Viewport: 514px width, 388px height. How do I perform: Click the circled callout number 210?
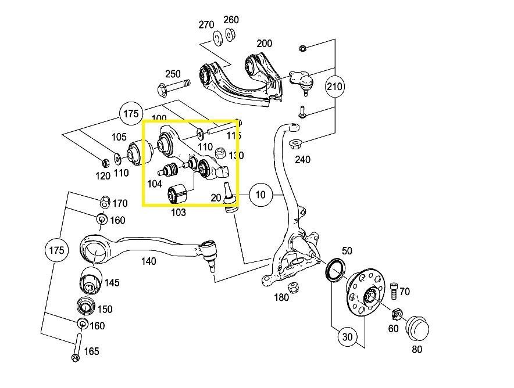[334, 87]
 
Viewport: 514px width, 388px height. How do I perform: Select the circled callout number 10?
[260, 195]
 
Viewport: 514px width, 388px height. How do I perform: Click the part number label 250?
[173, 74]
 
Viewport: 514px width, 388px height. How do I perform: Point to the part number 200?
[264, 44]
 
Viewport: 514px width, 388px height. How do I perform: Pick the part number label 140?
[148, 261]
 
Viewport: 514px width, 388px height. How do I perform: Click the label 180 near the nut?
[281, 298]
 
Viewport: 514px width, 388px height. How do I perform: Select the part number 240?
[303, 159]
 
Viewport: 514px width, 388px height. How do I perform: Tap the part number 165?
[91, 351]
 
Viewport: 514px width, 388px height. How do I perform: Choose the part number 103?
[178, 213]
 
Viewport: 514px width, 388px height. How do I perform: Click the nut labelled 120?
[106, 160]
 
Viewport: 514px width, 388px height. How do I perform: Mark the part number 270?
[206, 24]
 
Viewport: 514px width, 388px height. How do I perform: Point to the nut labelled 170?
[104, 202]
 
